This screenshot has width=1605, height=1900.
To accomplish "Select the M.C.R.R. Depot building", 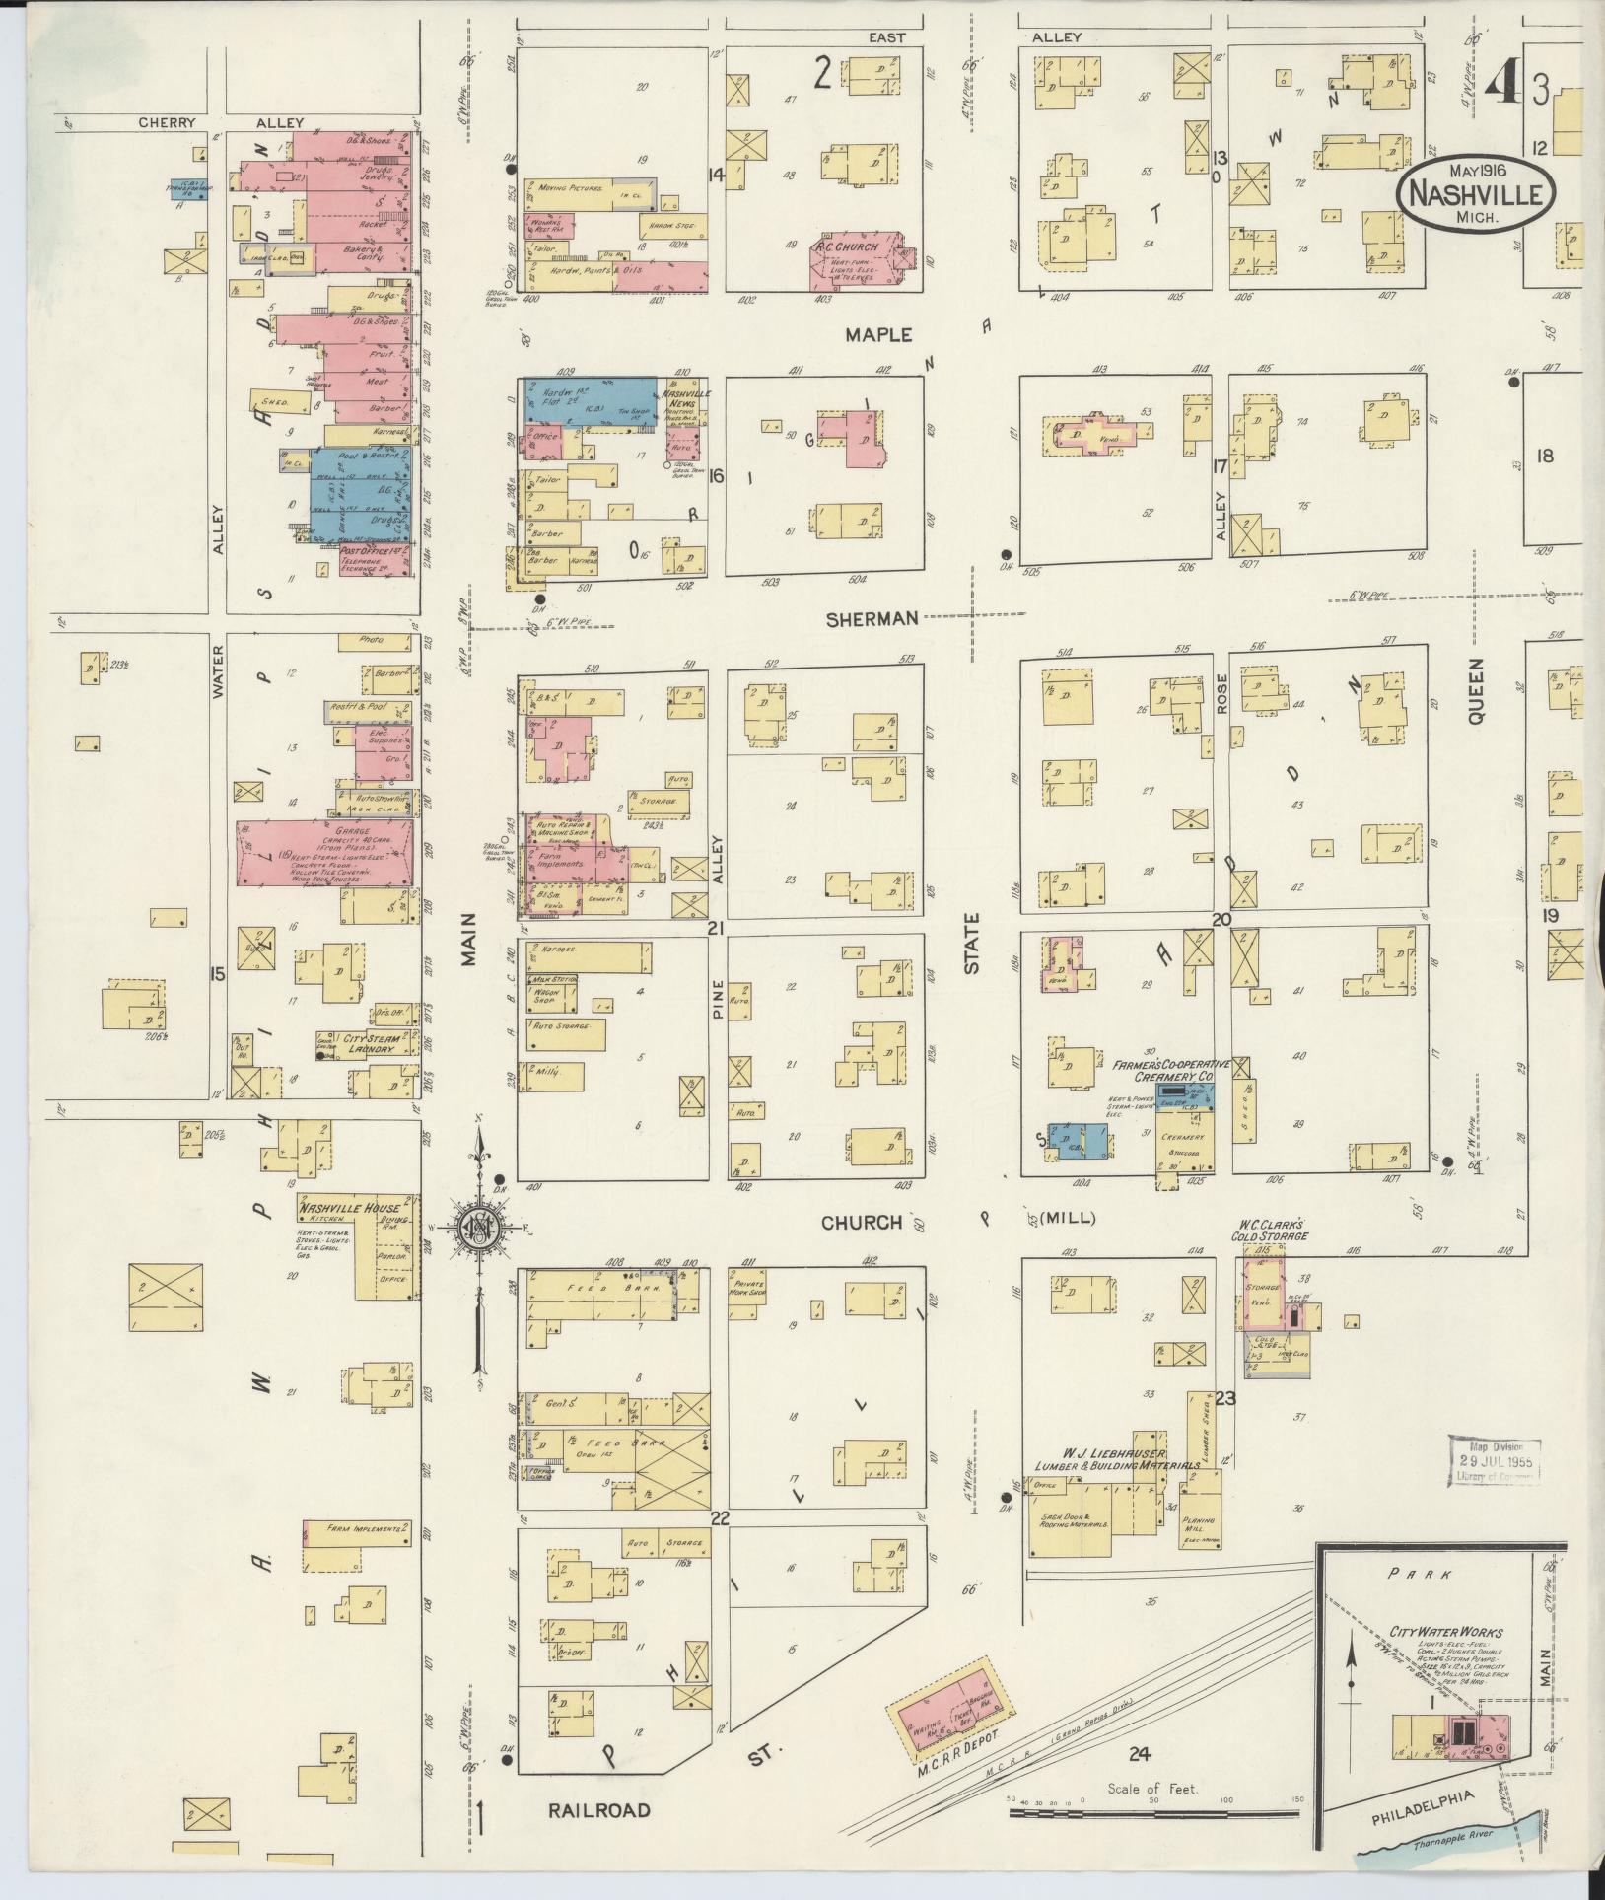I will (951, 1712).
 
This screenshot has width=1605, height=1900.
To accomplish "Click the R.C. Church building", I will (857, 261).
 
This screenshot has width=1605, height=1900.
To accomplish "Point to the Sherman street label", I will (872, 618).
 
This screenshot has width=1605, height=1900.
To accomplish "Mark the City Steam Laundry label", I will (368, 1044).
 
